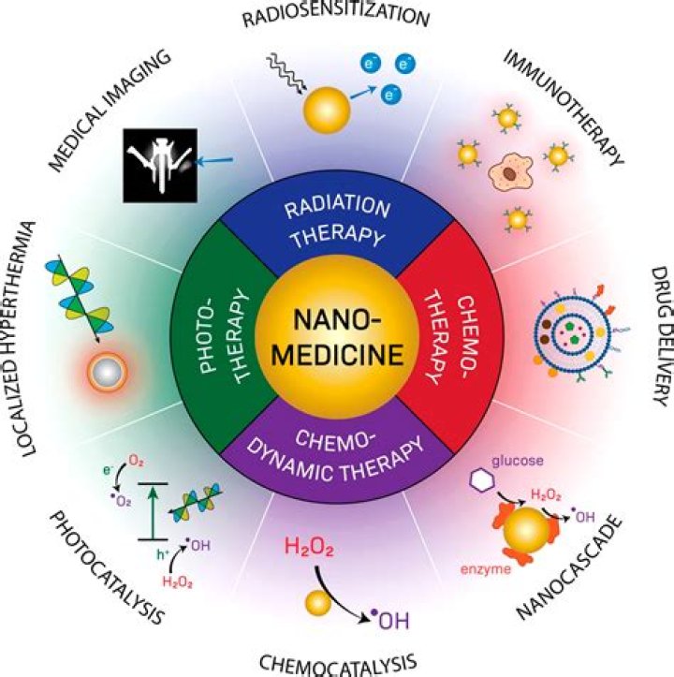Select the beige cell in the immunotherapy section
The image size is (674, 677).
click(x=509, y=171)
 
